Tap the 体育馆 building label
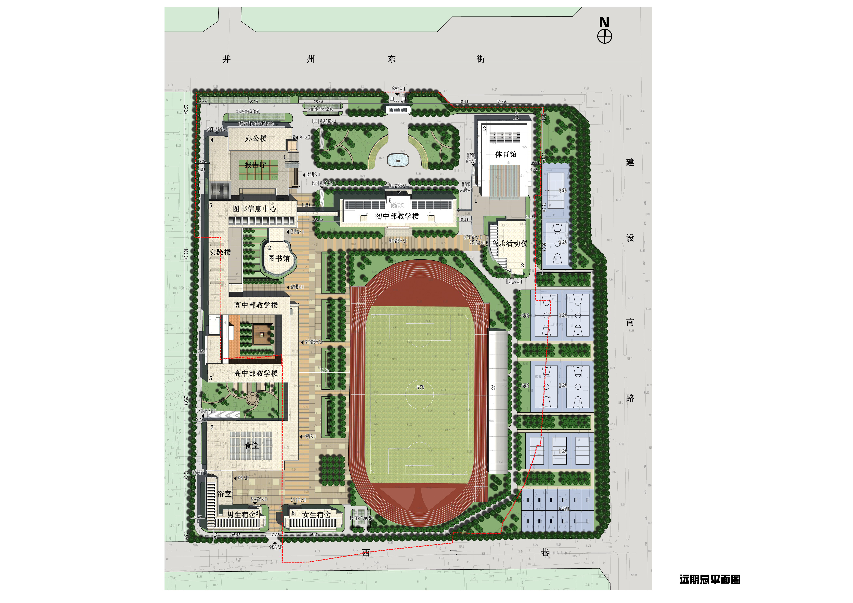[506, 154]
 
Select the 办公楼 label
[256, 138]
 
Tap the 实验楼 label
[220, 252]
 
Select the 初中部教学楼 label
[397, 216]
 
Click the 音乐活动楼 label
[509, 244]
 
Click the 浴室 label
[224, 494]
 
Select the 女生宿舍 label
[317, 515]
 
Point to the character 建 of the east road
[630, 162]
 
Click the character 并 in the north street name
[226, 59]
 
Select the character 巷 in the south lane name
[545, 552]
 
